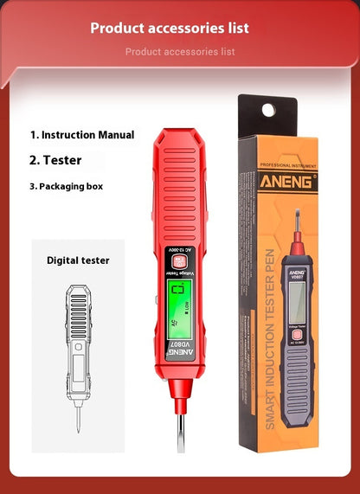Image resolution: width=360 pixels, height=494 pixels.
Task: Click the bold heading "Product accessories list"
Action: pos(170,28)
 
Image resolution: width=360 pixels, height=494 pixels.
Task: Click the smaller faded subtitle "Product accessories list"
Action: pos(180,52)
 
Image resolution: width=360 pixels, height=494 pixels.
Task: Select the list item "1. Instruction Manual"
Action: pos(82,135)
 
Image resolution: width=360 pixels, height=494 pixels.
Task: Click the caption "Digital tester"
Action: pos(78,260)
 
